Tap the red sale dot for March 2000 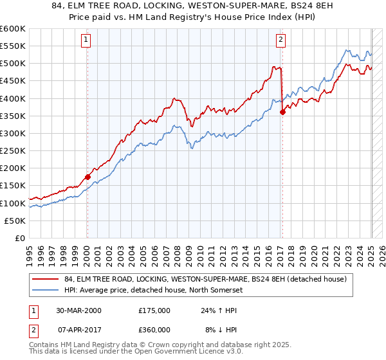click(x=87, y=177)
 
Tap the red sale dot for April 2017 click(x=282, y=112)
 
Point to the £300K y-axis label click(x=13, y=133)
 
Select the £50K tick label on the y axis click(x=15, y=221)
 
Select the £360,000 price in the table click(x=154, y=330)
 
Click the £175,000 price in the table click(x=154, y=310)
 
